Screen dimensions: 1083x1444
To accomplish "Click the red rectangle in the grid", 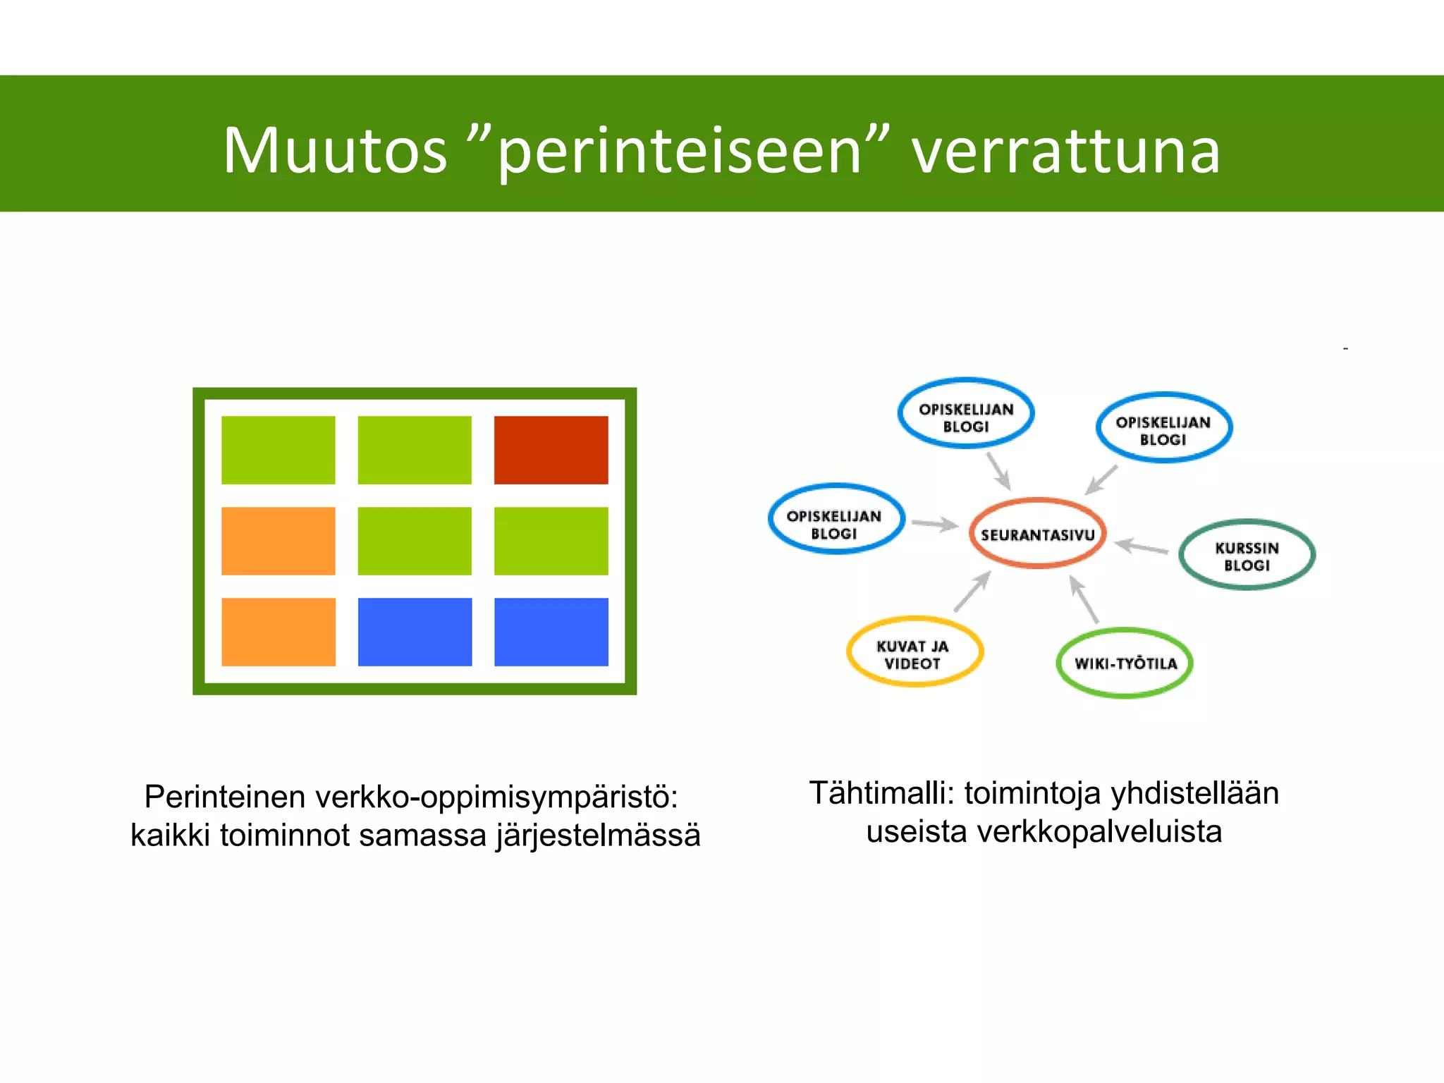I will point(551,450).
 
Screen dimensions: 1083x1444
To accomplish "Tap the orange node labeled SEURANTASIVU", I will point(1037,534).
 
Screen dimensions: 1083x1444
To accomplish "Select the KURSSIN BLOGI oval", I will point(1247,555).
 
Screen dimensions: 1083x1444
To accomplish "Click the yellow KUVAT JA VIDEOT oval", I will point(914,652).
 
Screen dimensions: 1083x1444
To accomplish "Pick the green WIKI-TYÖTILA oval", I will point(1125,663).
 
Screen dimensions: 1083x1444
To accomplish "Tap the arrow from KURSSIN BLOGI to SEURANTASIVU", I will point(1142,546).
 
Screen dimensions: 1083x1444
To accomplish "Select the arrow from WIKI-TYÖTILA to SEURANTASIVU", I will point(1084,599).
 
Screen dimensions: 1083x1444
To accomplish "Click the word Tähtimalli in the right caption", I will point(881,793).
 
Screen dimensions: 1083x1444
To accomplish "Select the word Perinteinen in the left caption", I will point(225,797).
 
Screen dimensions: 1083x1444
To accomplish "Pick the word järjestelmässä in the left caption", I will point(598,836).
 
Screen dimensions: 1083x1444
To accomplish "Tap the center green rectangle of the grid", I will point(415,541).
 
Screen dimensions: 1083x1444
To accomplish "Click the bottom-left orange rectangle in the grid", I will point(279,632).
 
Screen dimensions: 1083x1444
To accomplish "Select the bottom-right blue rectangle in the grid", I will point(551,632).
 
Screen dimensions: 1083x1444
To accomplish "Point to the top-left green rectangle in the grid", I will point(279,450).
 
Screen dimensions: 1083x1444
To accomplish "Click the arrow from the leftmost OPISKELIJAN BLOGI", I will point(934,524).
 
